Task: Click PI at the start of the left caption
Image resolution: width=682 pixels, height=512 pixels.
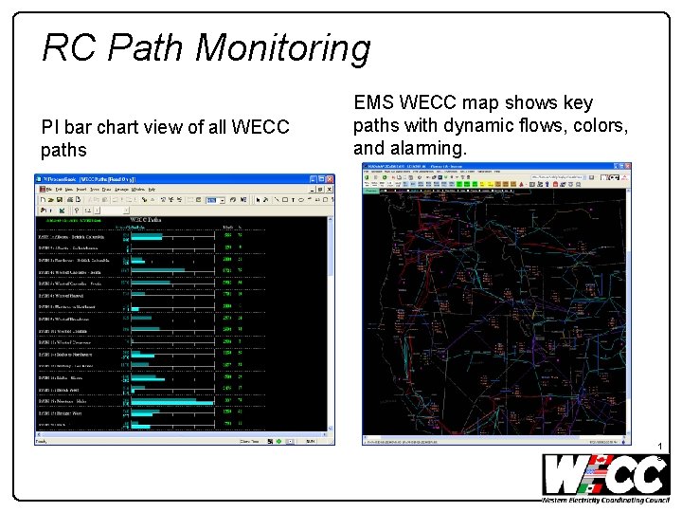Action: pos(49,127)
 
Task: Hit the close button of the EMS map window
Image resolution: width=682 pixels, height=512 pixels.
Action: pos(625,166)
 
